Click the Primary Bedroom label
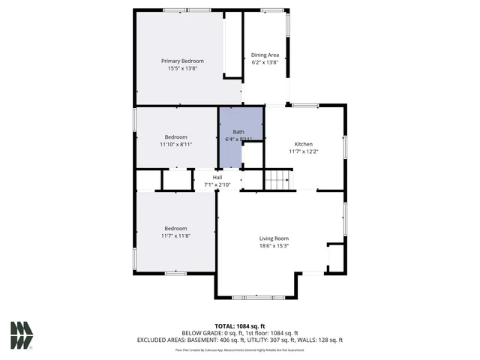pos(182,61)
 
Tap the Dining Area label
pos(265,55)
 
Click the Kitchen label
pos(303,144)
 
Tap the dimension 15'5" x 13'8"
pos(182,68)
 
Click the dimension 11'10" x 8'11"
pos(176,144)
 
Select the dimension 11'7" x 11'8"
pos(175,235)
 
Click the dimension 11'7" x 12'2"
pos(303,151)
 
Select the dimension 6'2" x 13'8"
pos(265,62)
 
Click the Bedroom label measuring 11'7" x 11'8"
pos(175,228)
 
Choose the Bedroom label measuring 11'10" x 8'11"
pos(176,137)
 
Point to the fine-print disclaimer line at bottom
pos(240,349)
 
